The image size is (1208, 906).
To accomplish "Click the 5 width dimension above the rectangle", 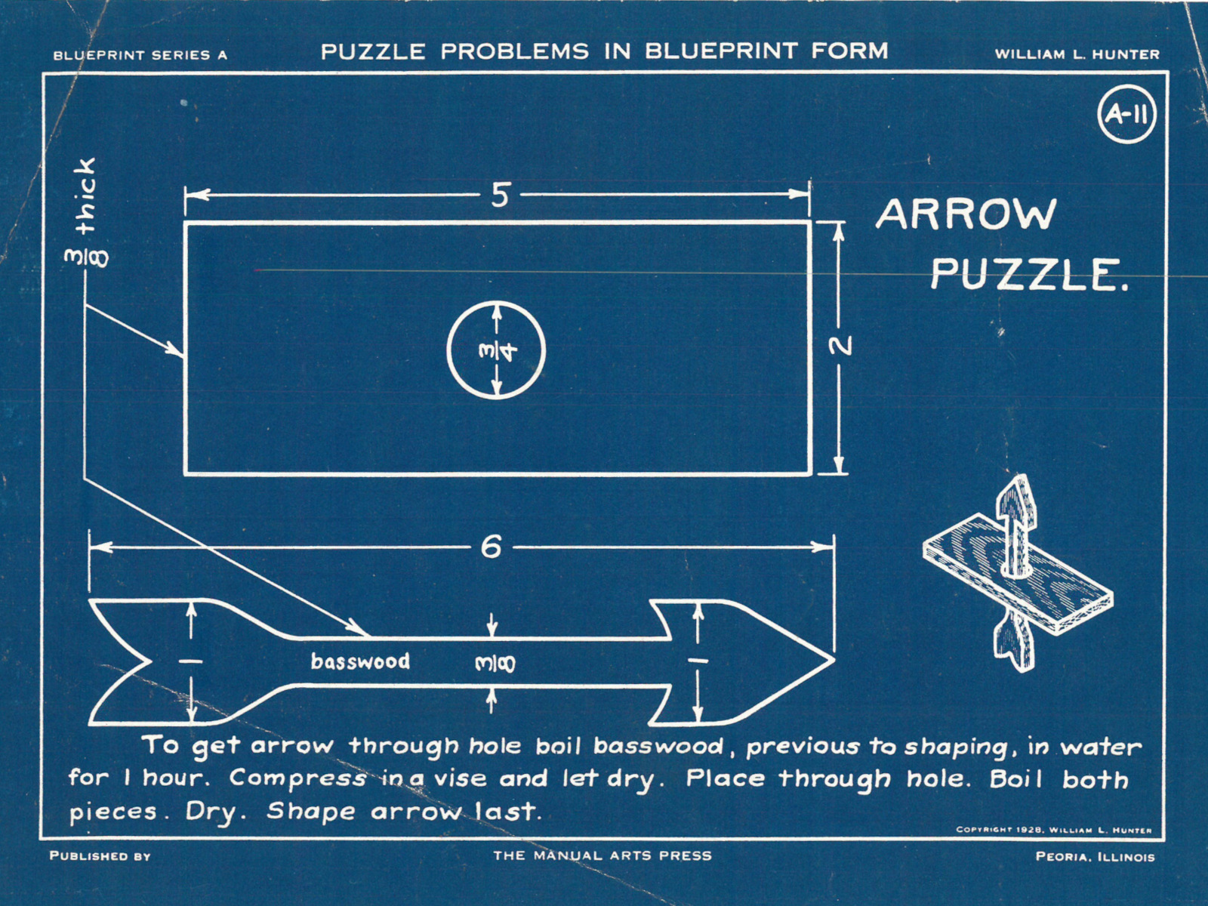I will coord(500,196).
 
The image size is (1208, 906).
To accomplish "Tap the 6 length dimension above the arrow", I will coord(491,547).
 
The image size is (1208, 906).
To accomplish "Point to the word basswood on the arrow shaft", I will coord(360,662).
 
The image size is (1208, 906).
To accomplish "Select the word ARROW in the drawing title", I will coord(965,215).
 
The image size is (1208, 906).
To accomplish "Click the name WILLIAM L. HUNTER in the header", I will coord(1077,54).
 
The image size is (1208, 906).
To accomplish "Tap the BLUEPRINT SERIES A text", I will coord(140,55).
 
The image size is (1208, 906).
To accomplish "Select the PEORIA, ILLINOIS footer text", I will coord(1095,857).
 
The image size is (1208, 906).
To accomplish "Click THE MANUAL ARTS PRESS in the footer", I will coord(602,855).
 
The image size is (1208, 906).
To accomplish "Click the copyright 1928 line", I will coord(1053,830).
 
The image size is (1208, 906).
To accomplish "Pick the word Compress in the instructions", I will coord(297,779).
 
